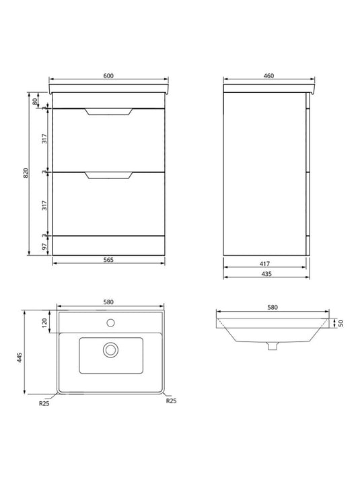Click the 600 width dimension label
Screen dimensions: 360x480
point(108,75)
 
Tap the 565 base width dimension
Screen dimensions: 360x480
point(108,260)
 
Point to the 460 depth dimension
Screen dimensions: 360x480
point(268,75)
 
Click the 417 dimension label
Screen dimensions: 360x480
point(264,264)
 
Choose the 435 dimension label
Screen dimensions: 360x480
point(266,274)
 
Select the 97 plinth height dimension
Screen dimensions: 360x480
point(44,246)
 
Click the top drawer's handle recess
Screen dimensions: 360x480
point(108,112)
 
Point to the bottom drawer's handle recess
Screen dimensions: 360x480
point(108,176)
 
